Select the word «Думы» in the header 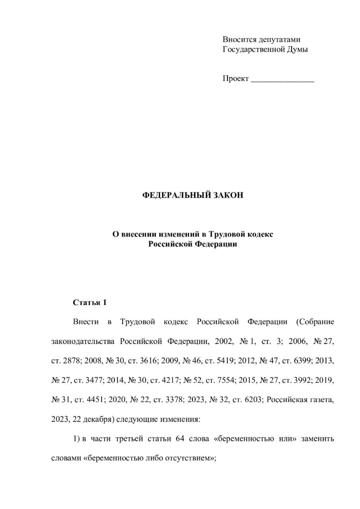pos(297,49)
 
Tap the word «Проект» pos(235,78)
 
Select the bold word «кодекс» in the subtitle pos(261,234)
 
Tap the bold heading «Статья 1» pos(90,303)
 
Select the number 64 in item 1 pos(179,439)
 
